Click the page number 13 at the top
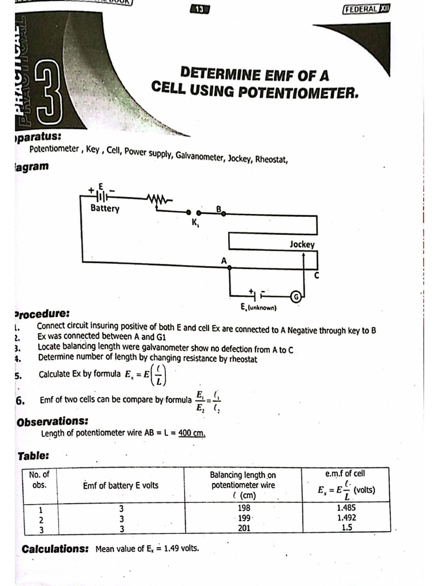[199, 9]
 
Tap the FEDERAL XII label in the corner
[369, 9]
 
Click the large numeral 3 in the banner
[49, 97]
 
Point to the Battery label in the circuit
[105, 208]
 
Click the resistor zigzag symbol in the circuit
[159, 199]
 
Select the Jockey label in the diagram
[301, 244]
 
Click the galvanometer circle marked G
[296, 296]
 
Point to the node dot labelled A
[229, 267]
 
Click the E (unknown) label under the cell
[258, 308]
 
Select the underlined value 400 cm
[191, 433]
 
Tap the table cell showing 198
[244, 508]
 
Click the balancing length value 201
[244, 528]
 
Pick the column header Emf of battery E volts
[121, 485]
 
